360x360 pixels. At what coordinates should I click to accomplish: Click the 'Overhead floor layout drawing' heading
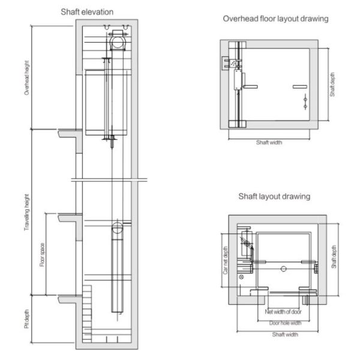click(x=275, y=19)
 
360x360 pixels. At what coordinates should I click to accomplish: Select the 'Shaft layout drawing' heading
click(x=274, y=196)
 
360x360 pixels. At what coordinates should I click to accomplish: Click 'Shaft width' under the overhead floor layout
click(x=268, y=143)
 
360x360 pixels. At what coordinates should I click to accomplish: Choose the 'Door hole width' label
click(x=285, y=323)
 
